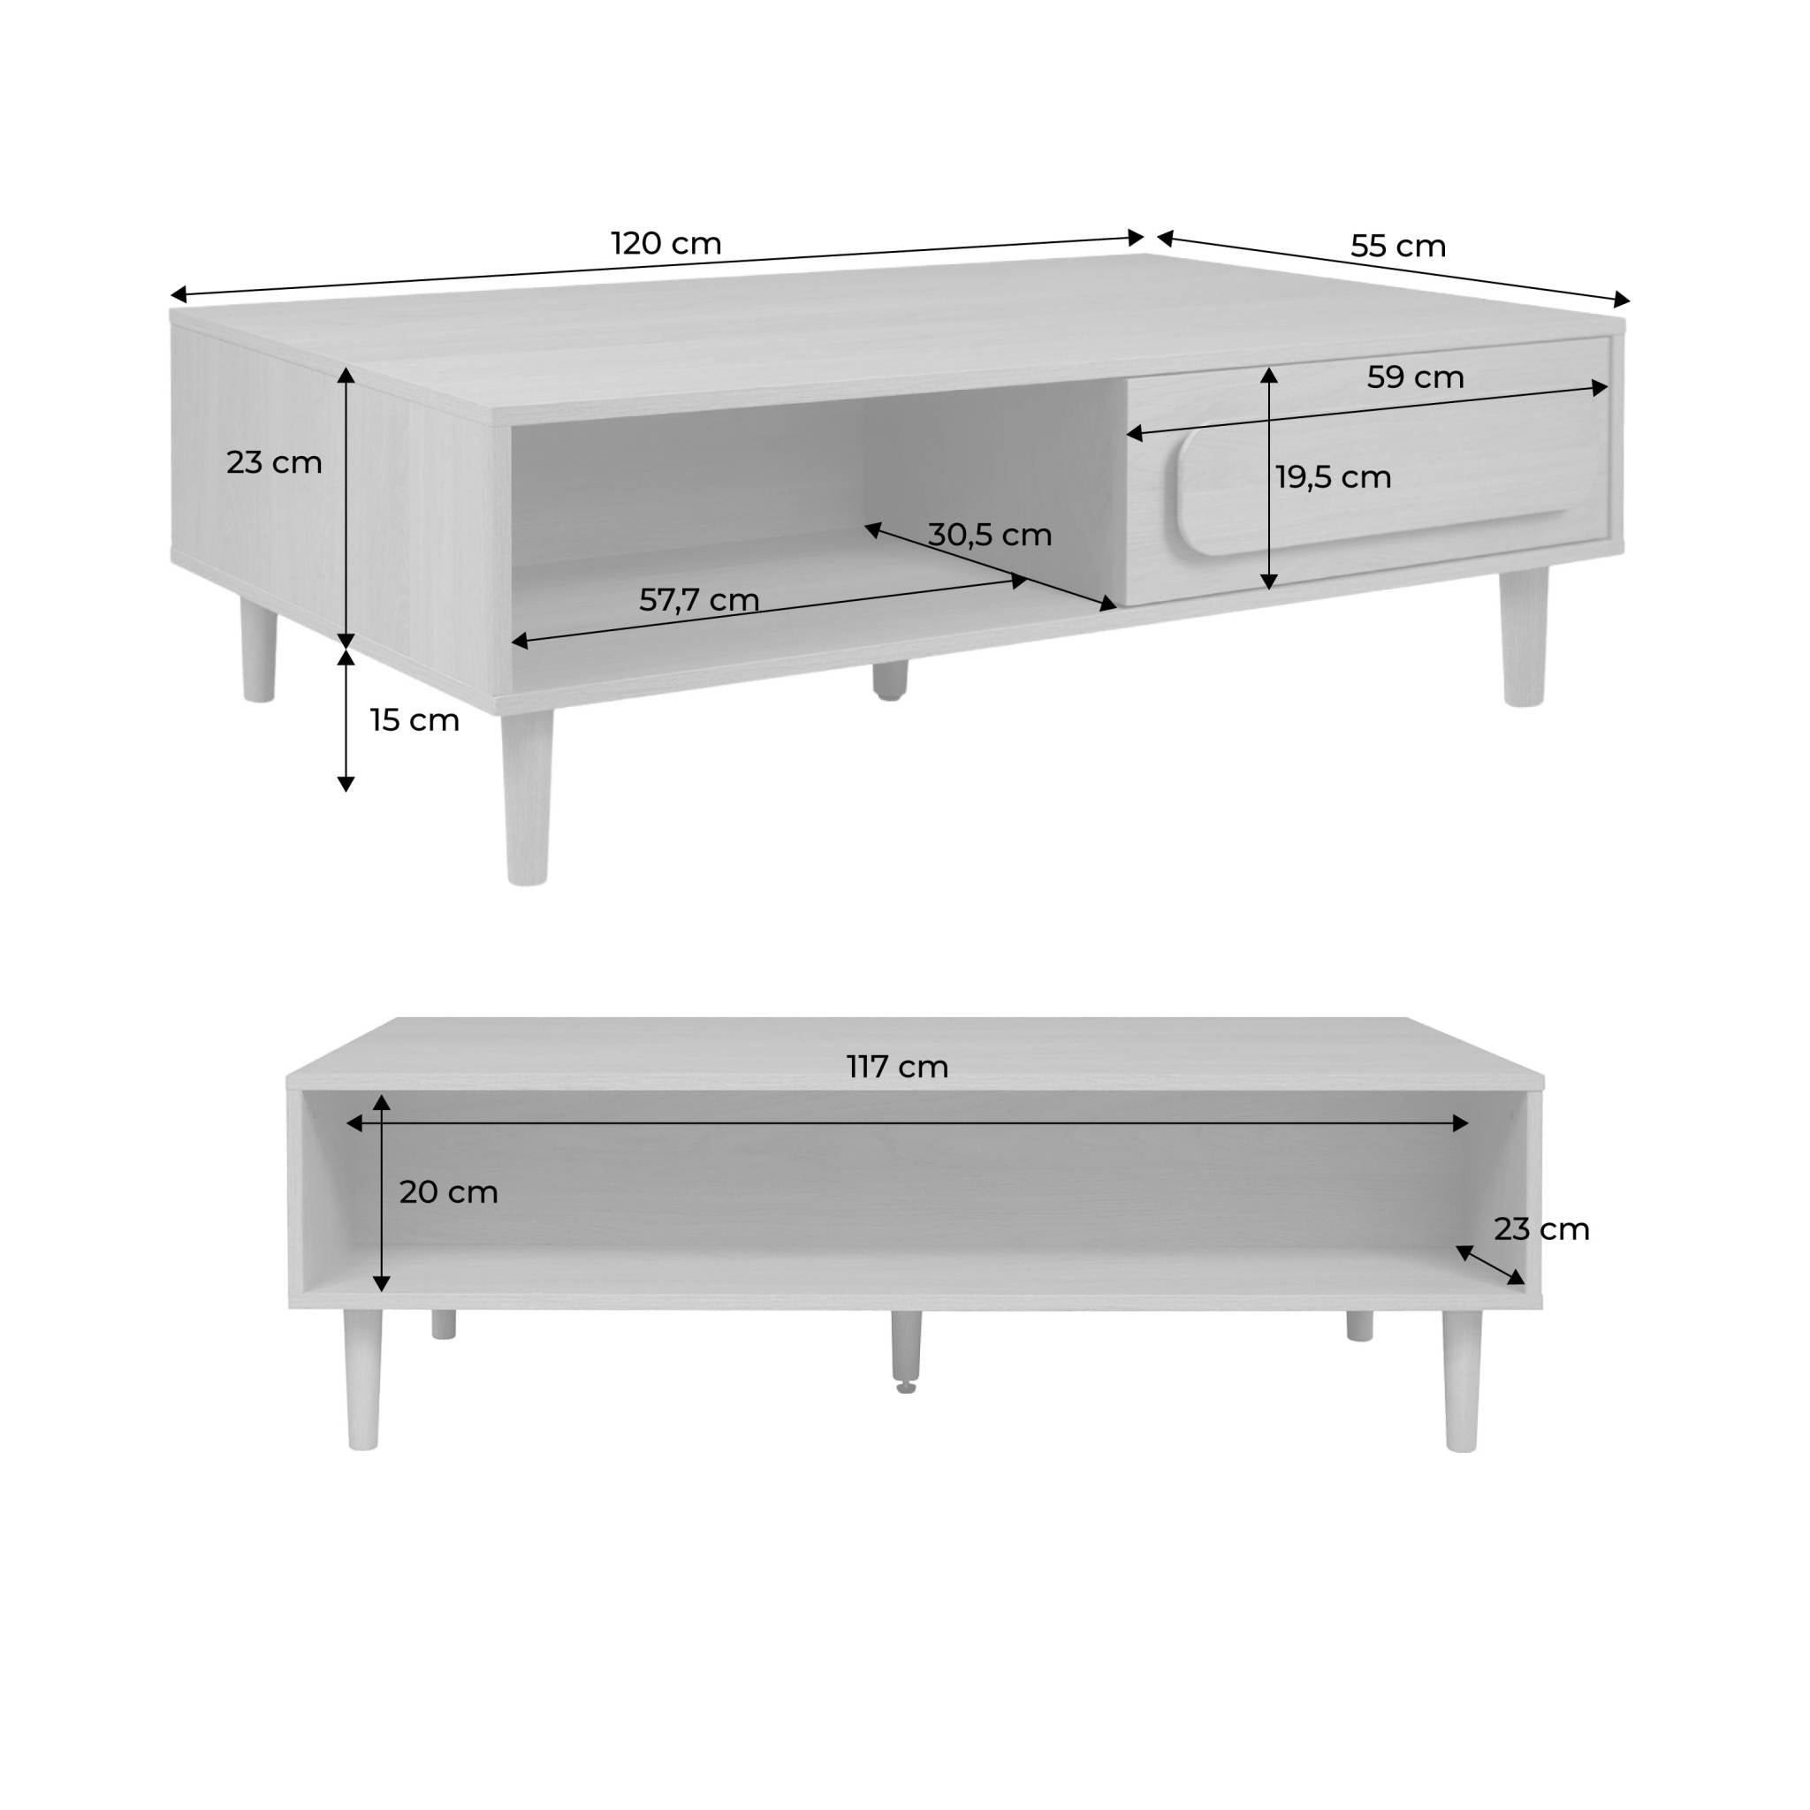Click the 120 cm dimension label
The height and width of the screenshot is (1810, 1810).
(666, 244)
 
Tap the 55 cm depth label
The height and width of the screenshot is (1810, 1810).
(1398, 247)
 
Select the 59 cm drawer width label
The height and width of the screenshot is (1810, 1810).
(1415, 377)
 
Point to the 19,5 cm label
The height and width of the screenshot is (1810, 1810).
(1333, 478)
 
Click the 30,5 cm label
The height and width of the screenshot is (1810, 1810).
(989, 535)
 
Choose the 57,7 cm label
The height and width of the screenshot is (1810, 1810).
(699, 599)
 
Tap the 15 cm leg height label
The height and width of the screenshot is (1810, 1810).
(414, 720)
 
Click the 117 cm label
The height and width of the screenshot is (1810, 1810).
(898, 1067)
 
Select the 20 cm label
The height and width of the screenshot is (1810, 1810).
(448, 1192)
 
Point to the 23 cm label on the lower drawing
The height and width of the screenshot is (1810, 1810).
(1541, 1229)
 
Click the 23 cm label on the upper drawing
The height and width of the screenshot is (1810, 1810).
(274, 463)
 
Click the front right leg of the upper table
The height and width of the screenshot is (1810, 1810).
(1525, 637)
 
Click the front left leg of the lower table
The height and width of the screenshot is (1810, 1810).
(361, 1380)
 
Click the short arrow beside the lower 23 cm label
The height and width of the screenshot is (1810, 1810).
(1489, 1266)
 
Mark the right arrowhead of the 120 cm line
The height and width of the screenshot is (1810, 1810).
(1137, 238)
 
